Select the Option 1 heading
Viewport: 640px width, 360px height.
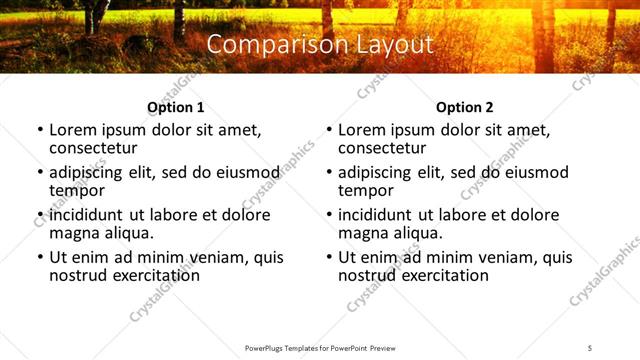pyautogui.click(x=175, y=107)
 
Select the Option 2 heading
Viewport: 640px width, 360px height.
pyautogui.click(x=464, y=107)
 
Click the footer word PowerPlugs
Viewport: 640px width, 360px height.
pyautogui.click(x=266, y=348)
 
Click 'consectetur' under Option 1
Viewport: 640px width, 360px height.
pyautogui.click(x=92, y=148)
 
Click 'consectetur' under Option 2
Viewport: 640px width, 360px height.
pyautogui.click(x=381, y=148)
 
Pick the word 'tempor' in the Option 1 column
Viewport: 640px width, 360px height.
pyautogui.click(x=77, y=190)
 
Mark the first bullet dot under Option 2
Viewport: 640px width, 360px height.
pyautogui.click(x=329, y=131)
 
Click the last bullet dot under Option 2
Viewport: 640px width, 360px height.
pyautogui.click(x=329, y=258)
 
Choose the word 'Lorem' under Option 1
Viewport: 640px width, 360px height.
pyautogui.click(x=73, y=130)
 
